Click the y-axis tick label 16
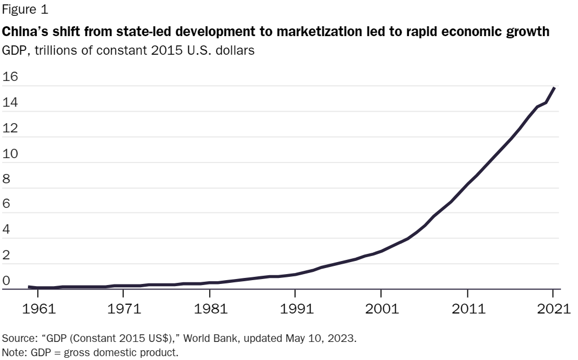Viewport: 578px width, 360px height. [x=10, y=76]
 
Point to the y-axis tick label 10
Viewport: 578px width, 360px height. [x=10, y=154]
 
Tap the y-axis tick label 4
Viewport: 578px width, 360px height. [x=6, y=229]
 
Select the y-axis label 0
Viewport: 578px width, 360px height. [x=6, y=281]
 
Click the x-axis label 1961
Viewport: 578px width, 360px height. [x=39, y=309]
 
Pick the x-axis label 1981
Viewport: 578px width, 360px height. [x=211, y=309]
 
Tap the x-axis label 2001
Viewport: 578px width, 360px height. [x=382, y=309]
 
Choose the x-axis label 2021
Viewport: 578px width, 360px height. [x=554, y=309]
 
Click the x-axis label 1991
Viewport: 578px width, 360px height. [x=296, y=309]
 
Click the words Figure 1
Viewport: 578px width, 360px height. [x=25, y=9]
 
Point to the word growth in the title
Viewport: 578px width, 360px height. [x=528, y=32]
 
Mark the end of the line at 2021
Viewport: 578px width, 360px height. [x=554, y=88]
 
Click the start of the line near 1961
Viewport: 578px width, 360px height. [x=29, y=287]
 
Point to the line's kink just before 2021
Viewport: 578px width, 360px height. [x=546, y=102]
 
